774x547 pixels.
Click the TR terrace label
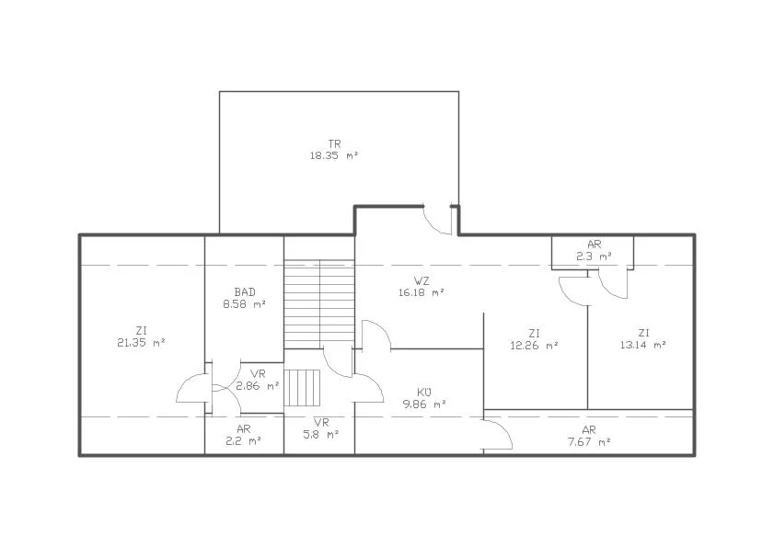(x=335, y=144)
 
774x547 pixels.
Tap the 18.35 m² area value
(x=334, y=156)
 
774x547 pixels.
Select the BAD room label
(x=245, y=292)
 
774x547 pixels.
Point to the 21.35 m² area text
(x=141, y=343)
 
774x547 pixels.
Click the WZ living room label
(x=422, y=281)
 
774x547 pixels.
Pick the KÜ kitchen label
(x=424, y=393)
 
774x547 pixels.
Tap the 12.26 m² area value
(x=534, y=346)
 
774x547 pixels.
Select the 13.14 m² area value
(x=643, y=345)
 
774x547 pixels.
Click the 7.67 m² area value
(x=589, y=442)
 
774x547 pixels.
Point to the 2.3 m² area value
(x=595, y=256)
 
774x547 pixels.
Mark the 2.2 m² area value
(x=244, y=441)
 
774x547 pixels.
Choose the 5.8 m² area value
(x=321, y=435)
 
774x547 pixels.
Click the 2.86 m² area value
(x=258, y=386)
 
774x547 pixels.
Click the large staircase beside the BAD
(x=319, y=304)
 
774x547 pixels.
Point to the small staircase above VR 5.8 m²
(x=302, y=388)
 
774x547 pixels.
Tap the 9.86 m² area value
(x=424, y=405)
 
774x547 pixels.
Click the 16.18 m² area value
(x=422, y=292)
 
